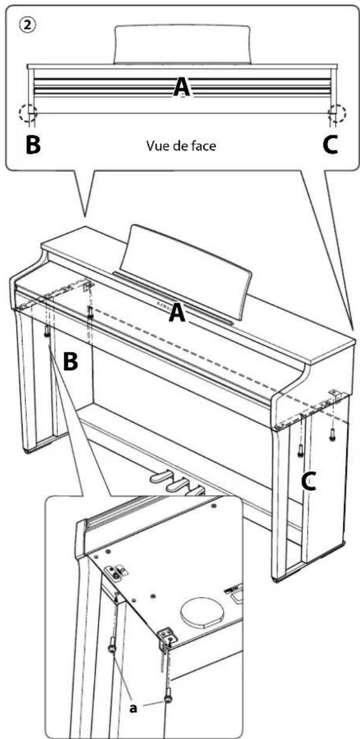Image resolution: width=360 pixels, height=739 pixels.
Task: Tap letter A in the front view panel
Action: pyautogui.click(x=183, y=88)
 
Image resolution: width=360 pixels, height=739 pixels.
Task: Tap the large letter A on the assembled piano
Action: pyautogui.click(x=176, y=313)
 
